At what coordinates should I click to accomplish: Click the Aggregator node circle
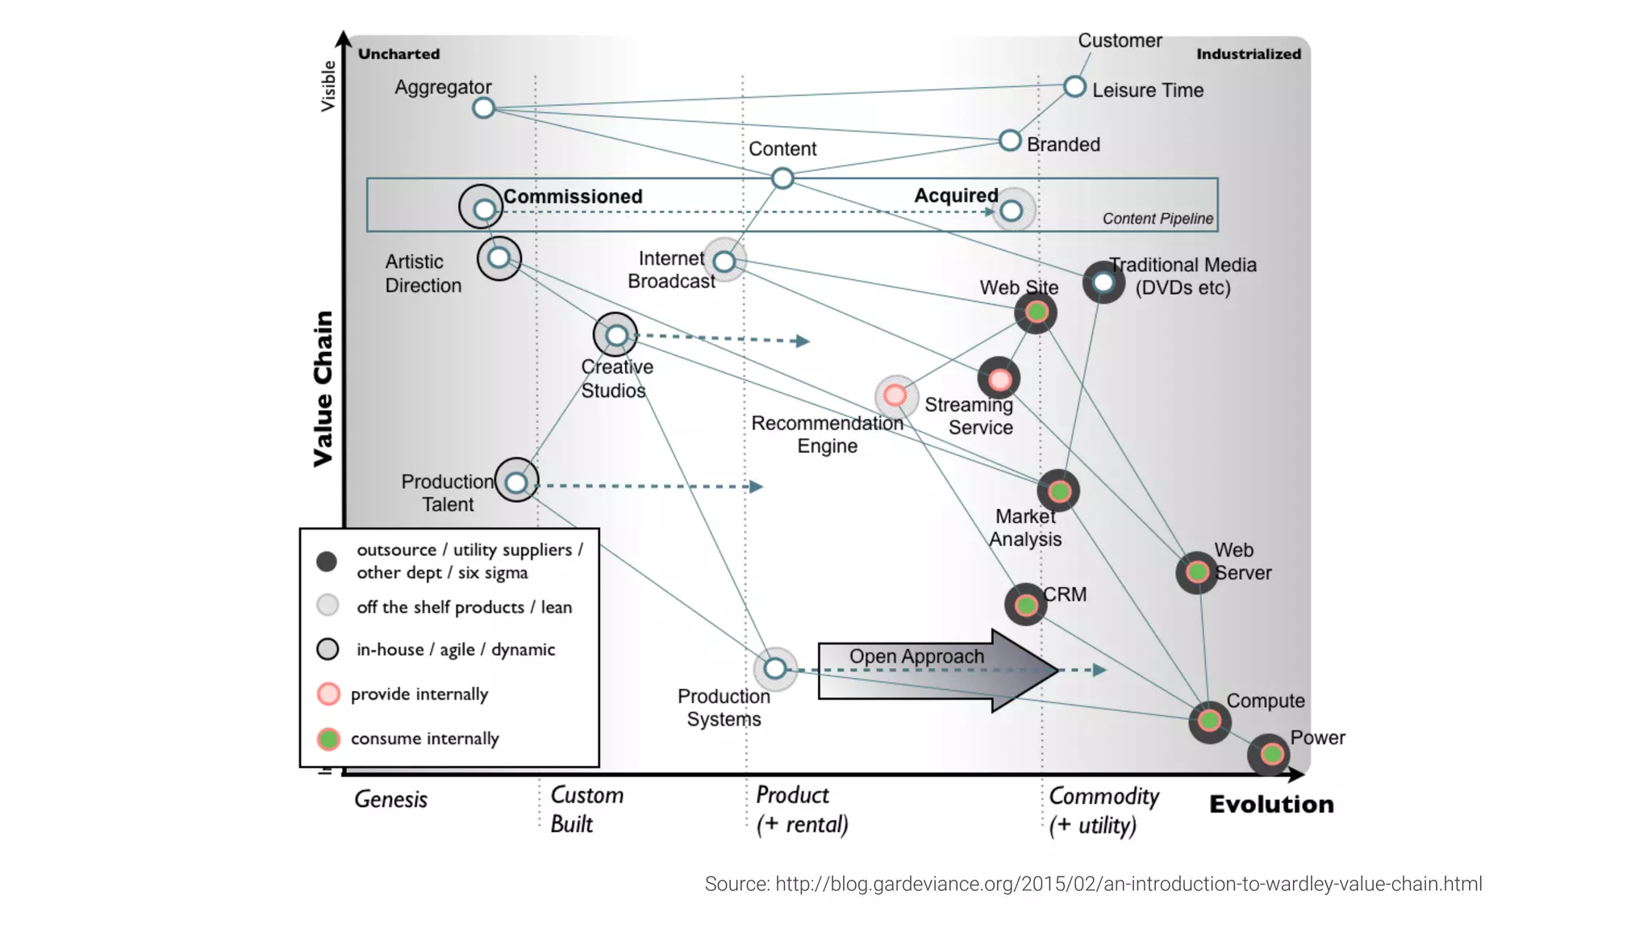[x=483, y=107]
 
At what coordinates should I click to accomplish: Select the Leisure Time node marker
[x=1074, y=86]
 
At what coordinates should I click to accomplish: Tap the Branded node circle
[x=1009, y=140]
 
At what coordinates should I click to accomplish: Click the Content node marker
[x=782, y=178]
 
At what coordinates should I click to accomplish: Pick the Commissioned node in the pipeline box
[x=483, y=209]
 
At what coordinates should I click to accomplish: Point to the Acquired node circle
[x=1011, y=211]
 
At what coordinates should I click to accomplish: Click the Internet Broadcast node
[x=724, y=261]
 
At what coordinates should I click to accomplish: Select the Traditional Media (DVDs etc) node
[x=1103, y=282]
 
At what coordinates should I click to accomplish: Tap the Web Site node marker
[x=1037, y=312]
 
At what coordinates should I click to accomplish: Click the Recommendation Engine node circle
[x=895, y=395]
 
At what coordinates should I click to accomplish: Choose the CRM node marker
[x=1025, y=605]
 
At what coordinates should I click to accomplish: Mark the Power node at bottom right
[x=1270, y=754]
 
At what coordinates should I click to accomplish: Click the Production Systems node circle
[x=774, y=668]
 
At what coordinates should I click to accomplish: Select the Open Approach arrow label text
[x=916, y=656]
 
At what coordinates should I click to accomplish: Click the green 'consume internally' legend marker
[x=327, y=738]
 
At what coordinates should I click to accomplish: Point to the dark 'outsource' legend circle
[x=327, y=561]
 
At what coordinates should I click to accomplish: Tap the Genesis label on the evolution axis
[x=390, y=799]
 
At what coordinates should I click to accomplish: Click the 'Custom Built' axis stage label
[x=586, y=809]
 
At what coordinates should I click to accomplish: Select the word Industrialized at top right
[x=1248, y=54]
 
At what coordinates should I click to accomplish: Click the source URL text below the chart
[x=1093, y=884]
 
